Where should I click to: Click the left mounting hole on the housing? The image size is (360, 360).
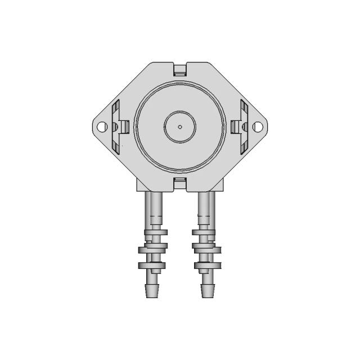(x=102, y=127)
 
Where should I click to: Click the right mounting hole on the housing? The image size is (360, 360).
(x=258, y=127)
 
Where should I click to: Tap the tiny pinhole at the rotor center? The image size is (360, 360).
(x=179, y=127)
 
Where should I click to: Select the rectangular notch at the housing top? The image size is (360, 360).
(x=179, y=70)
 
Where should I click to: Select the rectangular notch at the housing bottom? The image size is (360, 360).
(x=179, y=181)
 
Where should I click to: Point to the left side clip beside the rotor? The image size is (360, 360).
(x=124, y=127)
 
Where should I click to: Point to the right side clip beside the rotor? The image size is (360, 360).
(x=235, y=127)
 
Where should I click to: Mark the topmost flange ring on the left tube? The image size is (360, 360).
(x=154, y=232)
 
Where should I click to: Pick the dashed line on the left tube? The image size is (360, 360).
(x=155, y=217)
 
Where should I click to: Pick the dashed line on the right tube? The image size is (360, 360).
(x=205, y=217)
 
